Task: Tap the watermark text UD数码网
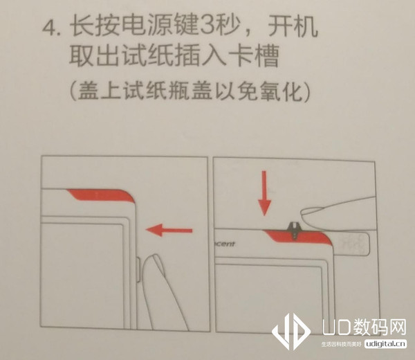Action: coord(364,326)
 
